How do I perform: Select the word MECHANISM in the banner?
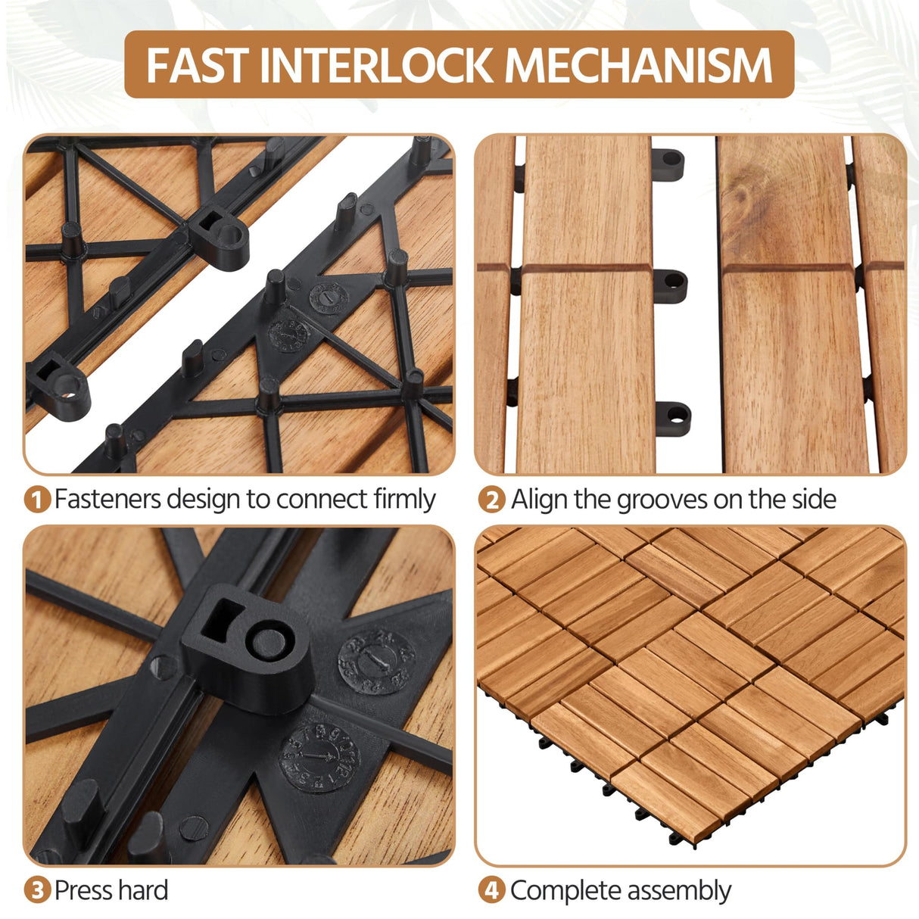[x=638, y=65]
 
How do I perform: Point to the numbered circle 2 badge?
[x=491, y=500]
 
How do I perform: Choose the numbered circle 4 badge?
[x=491, y=890]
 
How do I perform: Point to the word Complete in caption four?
[x=558, y=890]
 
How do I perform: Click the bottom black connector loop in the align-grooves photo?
[x=673, y=416]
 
